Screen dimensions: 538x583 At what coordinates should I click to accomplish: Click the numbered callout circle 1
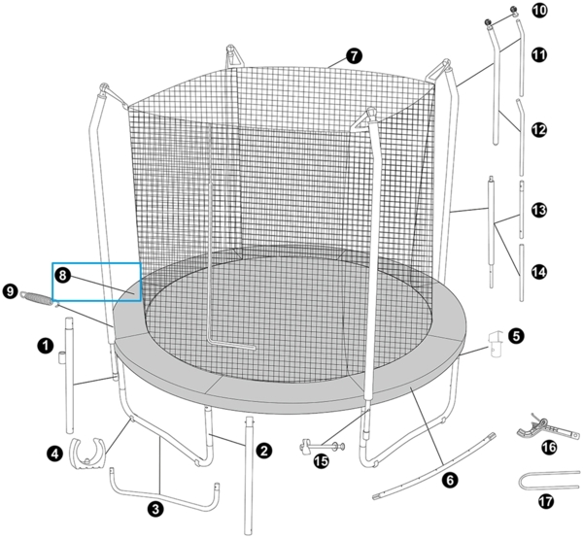click(44, 344)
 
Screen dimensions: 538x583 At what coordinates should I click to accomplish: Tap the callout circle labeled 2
click(261, 450)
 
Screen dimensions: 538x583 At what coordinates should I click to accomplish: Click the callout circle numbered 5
click(516, 336)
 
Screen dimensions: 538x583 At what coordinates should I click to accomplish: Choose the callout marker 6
click(448, 479)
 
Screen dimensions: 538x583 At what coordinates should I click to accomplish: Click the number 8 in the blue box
click(62, 276)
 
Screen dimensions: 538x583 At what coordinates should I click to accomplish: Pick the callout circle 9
click(11, 289)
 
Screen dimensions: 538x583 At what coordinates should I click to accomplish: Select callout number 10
click(539, 11)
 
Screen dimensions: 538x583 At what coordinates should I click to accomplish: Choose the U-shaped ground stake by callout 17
click(550, 483)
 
